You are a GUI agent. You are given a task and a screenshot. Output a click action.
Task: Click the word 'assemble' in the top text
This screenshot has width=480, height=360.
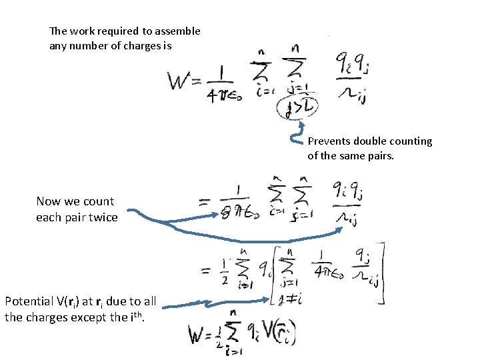point(177,31)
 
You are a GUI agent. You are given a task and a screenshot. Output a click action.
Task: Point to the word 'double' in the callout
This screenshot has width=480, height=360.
point(369,141)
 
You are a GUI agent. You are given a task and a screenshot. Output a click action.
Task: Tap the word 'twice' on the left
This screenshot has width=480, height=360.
point(103,217)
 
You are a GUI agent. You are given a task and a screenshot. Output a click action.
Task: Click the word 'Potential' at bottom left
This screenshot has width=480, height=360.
point(28,301)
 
